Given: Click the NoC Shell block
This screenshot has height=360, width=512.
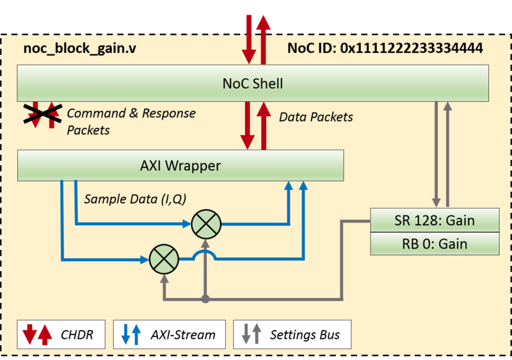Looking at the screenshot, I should pos(252,83).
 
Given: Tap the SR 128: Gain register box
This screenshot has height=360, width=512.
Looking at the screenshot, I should pos(435,221).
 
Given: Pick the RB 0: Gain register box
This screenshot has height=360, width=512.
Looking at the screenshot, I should pos(435,244).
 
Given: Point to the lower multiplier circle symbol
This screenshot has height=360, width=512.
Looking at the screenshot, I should pos(164,259).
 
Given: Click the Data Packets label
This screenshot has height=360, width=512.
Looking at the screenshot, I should pos(316,117).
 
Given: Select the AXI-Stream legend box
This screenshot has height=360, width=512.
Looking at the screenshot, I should pos(173,334).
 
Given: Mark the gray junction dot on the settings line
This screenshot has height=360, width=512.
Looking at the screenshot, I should pos(205,299).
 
